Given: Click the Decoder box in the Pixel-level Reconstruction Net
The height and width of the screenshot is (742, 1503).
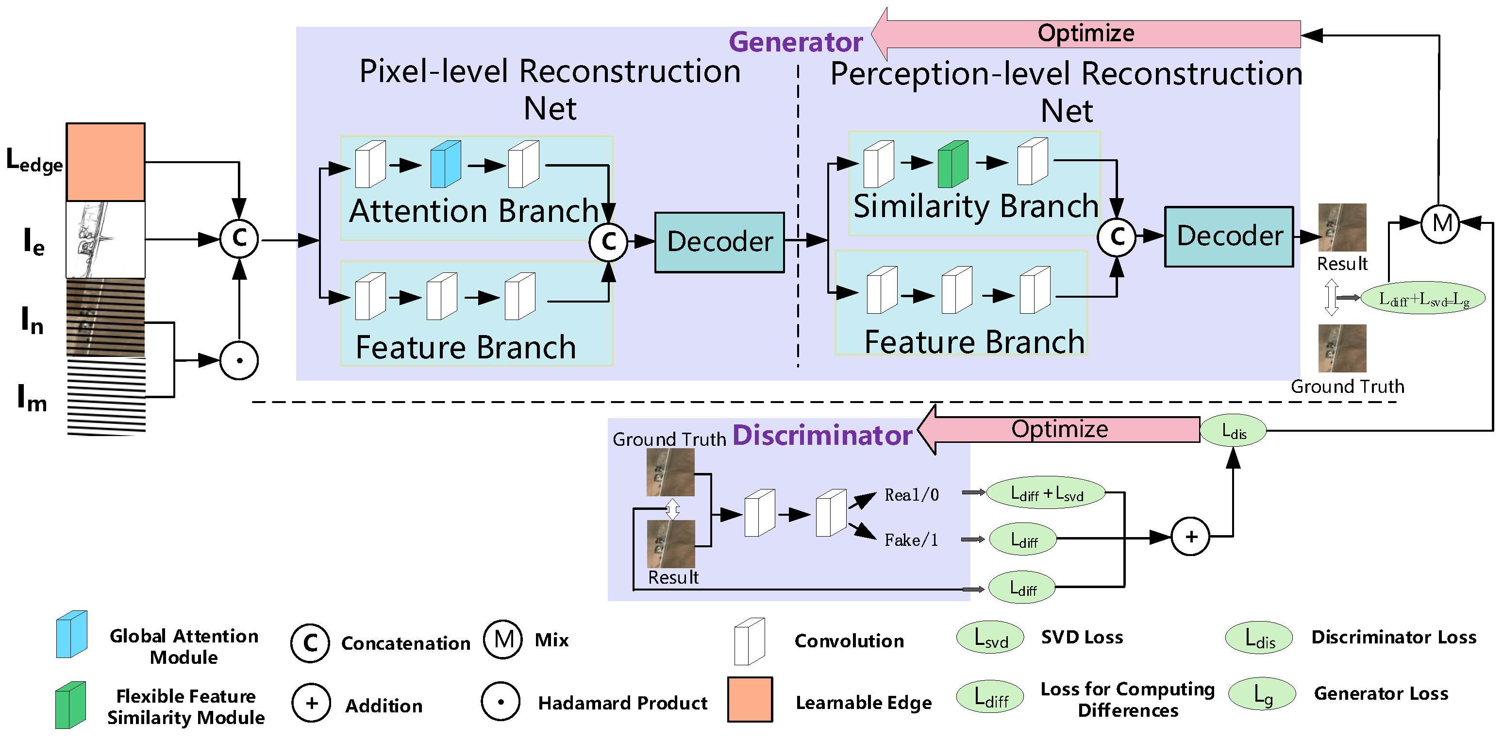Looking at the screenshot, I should coord(719,242).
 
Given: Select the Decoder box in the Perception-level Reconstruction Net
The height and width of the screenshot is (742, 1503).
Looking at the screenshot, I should coord(1229,236).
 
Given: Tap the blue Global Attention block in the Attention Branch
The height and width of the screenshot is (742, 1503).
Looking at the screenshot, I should coord(445,164).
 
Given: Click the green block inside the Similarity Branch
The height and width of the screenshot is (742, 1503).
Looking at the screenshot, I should coord(953,164).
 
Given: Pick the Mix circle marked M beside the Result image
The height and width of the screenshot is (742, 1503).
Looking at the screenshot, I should coord(1440,223).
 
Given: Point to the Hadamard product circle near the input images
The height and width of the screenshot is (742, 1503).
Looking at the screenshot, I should coord(239,360).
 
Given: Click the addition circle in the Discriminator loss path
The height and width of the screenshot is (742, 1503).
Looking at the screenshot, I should coord(1190,536).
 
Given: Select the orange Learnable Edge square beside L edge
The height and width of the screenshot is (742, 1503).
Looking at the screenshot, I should coord(106,162).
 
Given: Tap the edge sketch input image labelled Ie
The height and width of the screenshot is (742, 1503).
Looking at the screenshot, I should coord(106,239).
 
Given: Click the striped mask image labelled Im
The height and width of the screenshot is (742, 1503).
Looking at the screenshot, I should coord(106,397).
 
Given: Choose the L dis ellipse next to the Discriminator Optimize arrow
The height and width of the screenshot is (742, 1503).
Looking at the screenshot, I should coord(1233,431).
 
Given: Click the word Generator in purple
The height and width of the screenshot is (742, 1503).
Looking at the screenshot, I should coord(795,42).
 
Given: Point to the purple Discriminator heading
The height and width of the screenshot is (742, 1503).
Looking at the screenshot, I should coord(821,436).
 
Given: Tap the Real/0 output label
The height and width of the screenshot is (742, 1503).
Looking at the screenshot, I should coord(911,495).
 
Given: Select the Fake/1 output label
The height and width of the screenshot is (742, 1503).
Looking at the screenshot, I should coord(911,540).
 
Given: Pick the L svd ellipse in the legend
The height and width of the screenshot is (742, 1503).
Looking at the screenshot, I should coord(990,637).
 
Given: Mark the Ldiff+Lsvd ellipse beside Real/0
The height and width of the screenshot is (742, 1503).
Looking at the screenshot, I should coord(1046,493).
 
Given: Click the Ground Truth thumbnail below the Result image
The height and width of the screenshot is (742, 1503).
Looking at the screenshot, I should coord(1342,349).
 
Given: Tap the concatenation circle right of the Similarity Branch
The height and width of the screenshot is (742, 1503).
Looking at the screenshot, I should coord(1116,237).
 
